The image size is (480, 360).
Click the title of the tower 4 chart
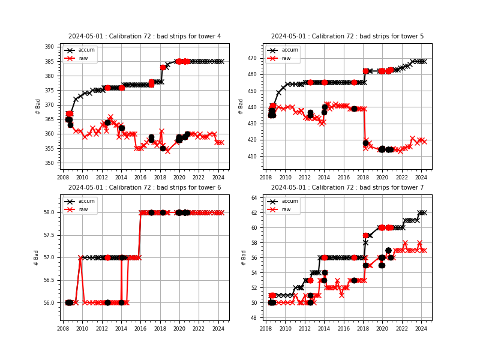coord(145,37)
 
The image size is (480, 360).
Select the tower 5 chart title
coord(347,37)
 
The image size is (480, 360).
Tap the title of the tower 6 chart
coord(145,188)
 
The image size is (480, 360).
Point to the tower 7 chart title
coord(347,188)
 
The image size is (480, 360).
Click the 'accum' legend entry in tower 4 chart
coord(83,50)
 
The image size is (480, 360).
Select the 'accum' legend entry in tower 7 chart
coord(286,202)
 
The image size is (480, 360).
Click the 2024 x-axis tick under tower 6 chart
coord(218,328)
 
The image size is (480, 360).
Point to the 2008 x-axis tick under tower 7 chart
coord(266,328)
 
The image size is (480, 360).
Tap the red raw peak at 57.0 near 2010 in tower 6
coord(80,257)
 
